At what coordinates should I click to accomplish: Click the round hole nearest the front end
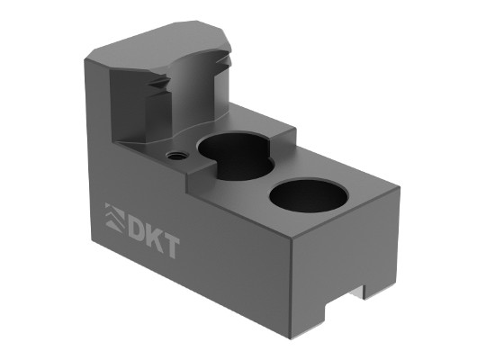(x=309, y=195)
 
